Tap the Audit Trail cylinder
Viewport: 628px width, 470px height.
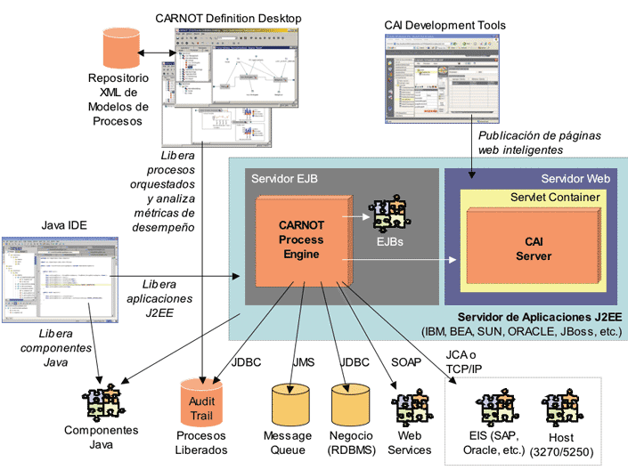pos(202,403)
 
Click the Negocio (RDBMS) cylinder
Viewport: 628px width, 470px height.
pos(350,405)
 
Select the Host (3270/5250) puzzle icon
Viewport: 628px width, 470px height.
pos(560,407)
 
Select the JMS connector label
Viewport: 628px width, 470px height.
pos(305,362)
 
